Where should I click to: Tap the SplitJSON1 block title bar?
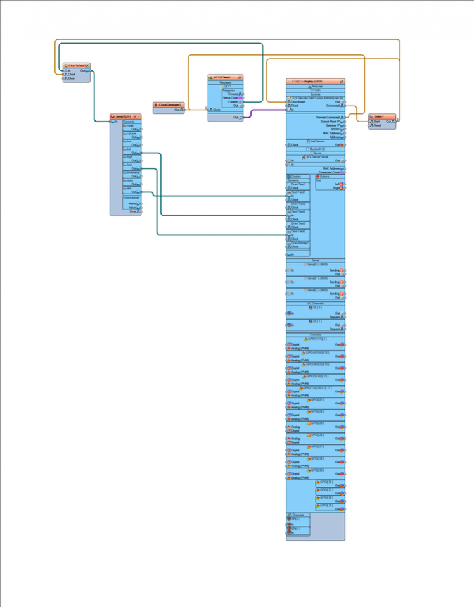(x=124, y=116)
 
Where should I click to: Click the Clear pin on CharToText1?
(x=71, y=78)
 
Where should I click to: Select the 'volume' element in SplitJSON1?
(x=131, y=134)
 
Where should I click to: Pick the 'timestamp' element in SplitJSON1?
(x=133, y=172)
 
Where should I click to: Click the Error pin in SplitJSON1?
(x=133, y=211)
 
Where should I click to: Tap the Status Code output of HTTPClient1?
(x=230, y=97)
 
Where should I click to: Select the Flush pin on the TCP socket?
(x=295, y=106)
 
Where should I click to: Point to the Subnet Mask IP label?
(x=329, y=121)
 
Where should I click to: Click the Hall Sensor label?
(x=316, y=141)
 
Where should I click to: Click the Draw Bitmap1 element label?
(x=298, y=242)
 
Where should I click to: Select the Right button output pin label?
(x=337, y=188)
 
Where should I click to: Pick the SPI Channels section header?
(x=298, y=515)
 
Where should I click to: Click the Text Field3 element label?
(x=298, y=231)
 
